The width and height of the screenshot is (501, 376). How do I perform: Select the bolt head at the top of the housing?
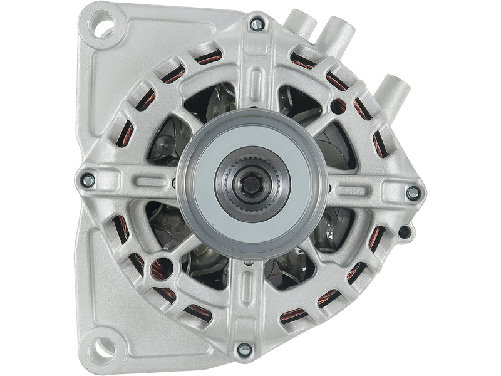tap(256, 24)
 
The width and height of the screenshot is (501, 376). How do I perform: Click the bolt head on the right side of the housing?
tap(412, 193)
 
